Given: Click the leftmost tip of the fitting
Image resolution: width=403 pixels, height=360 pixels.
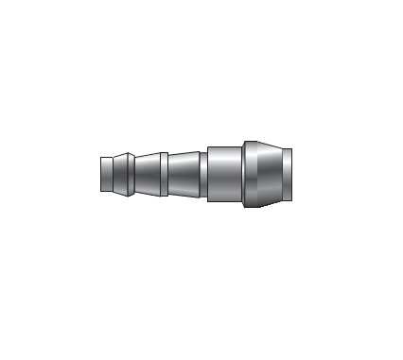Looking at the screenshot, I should click(x=100, y=175).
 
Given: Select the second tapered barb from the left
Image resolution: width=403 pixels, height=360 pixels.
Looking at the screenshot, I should click(x=146, y=175).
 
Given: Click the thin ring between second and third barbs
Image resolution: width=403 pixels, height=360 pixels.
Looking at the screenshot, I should click(x=164, y=175).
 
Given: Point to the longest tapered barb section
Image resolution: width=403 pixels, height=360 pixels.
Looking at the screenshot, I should click(x=183, y=175).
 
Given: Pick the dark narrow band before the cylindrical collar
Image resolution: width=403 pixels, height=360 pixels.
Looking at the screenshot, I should click(x=203, y=175).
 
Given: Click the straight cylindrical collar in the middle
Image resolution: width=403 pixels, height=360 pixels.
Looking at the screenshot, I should click(x=224, y=175).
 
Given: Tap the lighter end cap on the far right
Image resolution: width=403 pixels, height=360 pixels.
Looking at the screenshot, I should click(x=287, y=175).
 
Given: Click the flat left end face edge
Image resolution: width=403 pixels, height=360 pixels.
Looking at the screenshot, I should click(x=99, y=175).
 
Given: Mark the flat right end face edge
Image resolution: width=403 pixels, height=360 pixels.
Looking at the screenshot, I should click(x=291, y=175).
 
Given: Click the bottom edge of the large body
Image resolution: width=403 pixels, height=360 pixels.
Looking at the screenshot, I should click(x=265, y=208).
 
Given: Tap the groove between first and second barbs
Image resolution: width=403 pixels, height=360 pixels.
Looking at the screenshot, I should click(x=131, y=175).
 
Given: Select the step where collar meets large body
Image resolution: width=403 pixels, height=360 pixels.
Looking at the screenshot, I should click(x=242, y=175).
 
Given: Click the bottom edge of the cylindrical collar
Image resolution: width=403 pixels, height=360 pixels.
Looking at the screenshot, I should click(x=224, y=203).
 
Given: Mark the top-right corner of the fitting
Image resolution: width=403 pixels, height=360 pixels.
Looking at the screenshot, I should click(x=290, y=148).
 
